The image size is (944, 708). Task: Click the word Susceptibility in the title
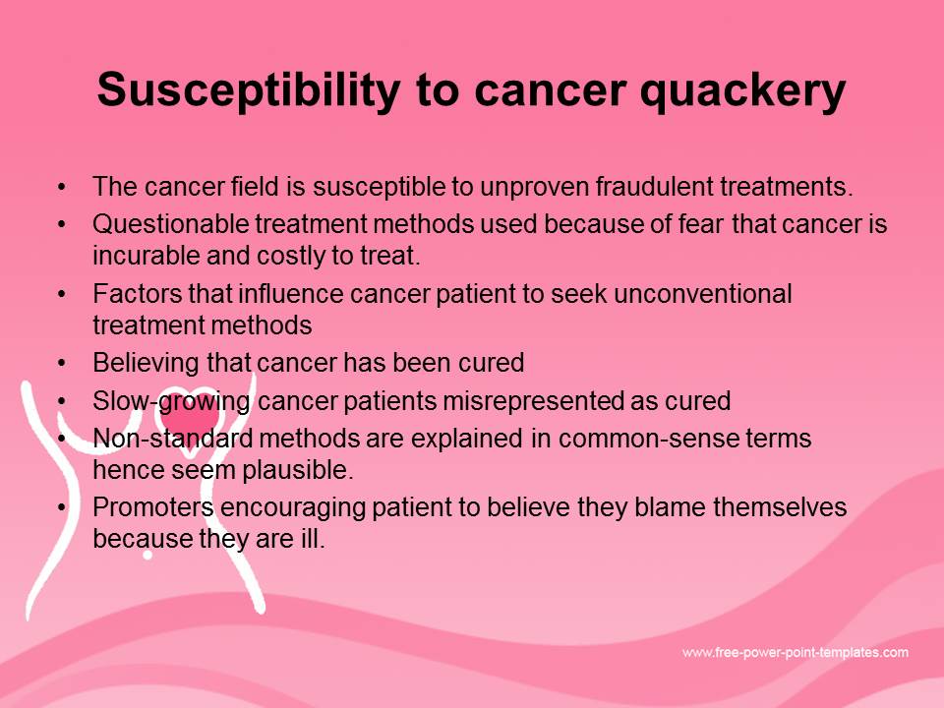point(249,90)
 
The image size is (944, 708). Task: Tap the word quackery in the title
point(743,91)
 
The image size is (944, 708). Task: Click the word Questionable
point(170,224)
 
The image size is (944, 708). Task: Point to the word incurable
point(146,256)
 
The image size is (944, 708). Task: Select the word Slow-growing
point(171,401)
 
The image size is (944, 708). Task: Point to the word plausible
point(297,470)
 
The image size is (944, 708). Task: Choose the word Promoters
point(153,507)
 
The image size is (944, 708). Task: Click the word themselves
point(780,507)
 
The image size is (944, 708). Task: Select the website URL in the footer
point(796,652)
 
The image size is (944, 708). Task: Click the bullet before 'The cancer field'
point(61,187)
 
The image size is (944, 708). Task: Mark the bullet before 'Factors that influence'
point(61,294)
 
